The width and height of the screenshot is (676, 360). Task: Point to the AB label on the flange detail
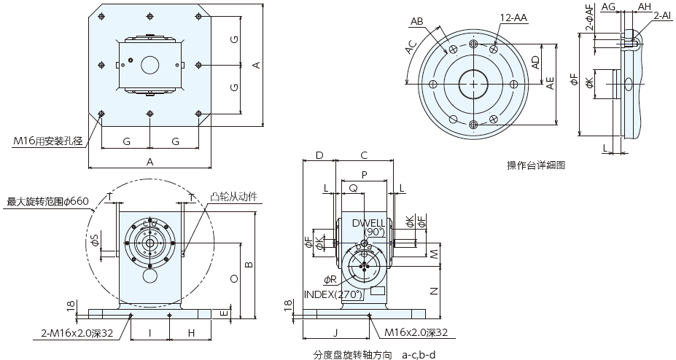click(417, 21)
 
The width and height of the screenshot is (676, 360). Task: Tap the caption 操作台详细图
click(536, 165)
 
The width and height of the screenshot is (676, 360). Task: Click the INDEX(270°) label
click(333, 294)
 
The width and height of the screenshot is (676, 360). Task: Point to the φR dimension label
click(330, 280)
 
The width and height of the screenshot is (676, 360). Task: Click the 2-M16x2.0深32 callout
click(77, 333)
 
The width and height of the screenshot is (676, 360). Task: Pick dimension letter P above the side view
click(364, 175)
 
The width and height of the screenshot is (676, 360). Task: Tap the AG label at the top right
click(610, 7)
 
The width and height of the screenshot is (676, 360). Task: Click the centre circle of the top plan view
click(150, 65)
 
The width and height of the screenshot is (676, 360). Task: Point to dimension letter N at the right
click(433, 291)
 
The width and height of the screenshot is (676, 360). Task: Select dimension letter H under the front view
click(190, 333)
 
